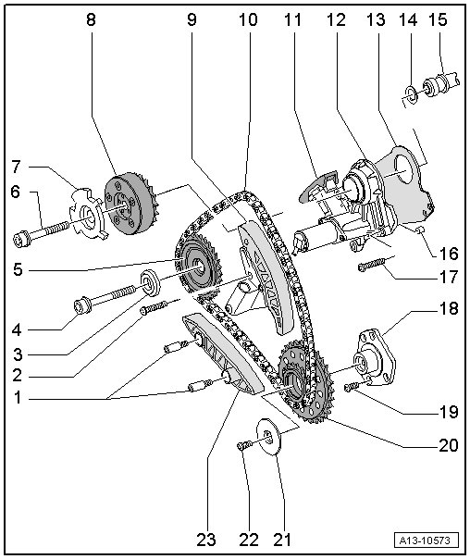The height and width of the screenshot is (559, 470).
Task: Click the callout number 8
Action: [92, 20]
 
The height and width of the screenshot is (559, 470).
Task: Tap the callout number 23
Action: [206, 540]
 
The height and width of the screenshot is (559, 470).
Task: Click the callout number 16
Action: [449, 254]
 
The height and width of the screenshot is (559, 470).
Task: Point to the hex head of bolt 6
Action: [21, 240]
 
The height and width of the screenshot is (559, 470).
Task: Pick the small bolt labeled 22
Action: [245, 445]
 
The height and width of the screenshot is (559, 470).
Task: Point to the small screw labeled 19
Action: [353, 387]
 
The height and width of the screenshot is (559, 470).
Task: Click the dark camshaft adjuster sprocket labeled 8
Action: [129, 204]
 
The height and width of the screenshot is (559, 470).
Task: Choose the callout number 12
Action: [336, 20]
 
